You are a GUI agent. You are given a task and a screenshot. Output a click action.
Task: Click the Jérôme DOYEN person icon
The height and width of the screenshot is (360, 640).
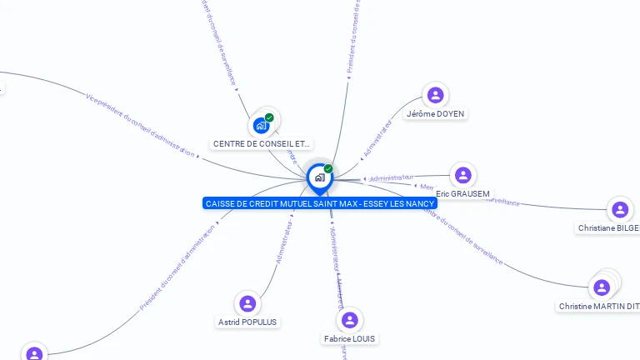[435, 95]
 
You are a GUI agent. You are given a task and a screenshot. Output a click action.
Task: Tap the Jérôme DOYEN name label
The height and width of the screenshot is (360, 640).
[436, 113]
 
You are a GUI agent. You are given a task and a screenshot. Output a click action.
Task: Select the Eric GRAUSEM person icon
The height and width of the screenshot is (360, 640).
[463, 175]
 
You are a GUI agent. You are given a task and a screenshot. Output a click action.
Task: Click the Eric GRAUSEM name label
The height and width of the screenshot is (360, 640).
[463, 193]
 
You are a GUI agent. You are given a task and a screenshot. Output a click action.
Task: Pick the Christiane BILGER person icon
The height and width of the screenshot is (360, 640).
[620, 210]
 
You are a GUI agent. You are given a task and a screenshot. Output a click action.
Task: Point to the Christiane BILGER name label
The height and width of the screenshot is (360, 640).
[609, 227]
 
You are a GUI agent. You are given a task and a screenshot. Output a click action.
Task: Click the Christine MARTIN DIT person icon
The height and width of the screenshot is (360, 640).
[601, 288]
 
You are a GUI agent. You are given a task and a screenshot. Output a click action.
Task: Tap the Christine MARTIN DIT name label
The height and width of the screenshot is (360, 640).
[599, 306]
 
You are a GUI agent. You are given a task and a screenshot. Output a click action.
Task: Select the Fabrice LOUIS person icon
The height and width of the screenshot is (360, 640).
[350, 320]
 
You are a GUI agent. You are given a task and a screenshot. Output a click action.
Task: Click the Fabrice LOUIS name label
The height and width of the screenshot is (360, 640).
[350, 338]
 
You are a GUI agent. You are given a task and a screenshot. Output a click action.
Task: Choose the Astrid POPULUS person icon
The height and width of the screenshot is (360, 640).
[247, 303]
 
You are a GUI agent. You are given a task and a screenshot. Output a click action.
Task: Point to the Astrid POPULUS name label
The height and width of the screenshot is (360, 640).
[247, 322]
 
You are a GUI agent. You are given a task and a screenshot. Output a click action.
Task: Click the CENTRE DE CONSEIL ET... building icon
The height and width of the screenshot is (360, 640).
[262, 126]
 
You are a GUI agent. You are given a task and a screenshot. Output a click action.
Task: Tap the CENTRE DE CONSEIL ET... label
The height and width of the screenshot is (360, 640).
[262, 143]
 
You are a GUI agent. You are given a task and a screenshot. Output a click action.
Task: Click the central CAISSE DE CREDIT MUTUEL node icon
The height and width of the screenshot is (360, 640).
[319, 177]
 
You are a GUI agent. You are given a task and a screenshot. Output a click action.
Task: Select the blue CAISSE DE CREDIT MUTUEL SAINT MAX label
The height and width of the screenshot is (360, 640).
[320, 203]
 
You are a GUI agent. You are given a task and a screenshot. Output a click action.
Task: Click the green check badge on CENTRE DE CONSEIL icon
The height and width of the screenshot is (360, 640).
[269, 117]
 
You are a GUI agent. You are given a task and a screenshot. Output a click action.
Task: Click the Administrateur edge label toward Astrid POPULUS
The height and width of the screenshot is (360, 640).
[285, 242]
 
